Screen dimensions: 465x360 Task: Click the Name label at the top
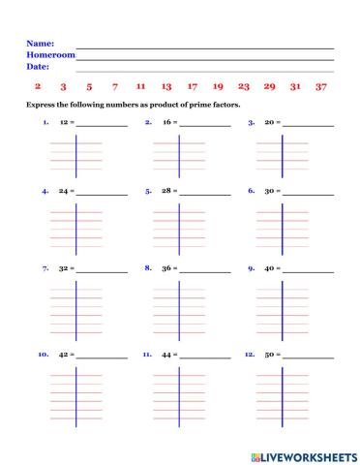[x=39, y=44]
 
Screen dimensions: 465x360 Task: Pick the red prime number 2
[x=38, y=86]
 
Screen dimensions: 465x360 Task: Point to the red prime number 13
[x=166, y=86]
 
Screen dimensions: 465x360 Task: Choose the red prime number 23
[x=244, y=86]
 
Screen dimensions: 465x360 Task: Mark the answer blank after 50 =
[x=308, y=356]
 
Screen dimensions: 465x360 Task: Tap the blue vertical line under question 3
[x=282, y=155]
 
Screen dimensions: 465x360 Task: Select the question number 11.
[x=147, y=355]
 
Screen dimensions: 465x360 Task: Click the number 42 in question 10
[x=64, y=356]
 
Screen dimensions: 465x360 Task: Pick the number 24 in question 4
[x=64, y=192]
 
